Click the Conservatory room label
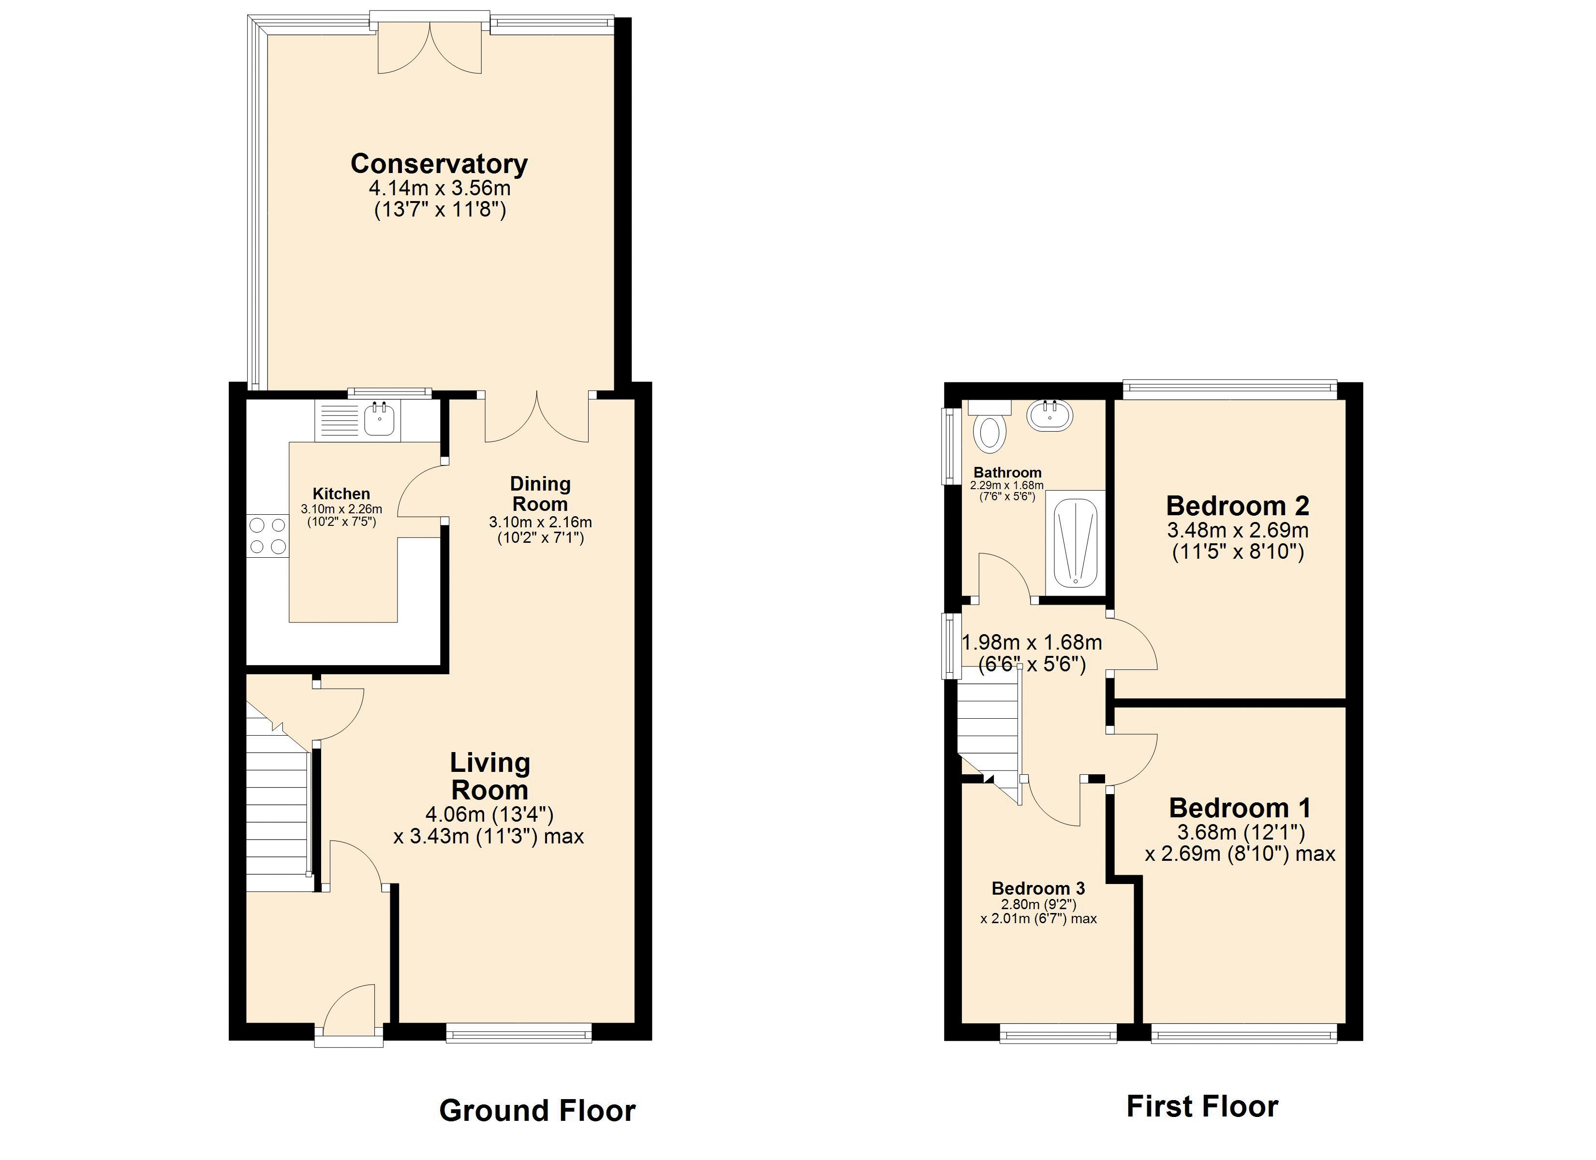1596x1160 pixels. pos(439,164)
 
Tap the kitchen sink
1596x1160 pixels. pos(380,420)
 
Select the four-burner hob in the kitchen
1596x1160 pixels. pos(267,536)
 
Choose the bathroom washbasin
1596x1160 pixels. pos(1050,415)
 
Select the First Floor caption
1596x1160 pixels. pos(1202,1106)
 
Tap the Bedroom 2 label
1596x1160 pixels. pos(1238,506)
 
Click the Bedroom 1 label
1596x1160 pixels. pos(1240,808)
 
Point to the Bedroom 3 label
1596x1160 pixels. pos(1038,888)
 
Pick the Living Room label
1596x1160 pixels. pos(490,776)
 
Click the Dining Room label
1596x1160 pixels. pos(540,494)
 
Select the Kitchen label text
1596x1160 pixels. pos(341,494)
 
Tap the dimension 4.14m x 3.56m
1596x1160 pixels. pos(440,188)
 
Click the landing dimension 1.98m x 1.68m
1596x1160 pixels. pos(1032,642)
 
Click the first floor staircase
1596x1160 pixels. pos(987,732)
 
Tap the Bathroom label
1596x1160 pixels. pos(1007,473)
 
